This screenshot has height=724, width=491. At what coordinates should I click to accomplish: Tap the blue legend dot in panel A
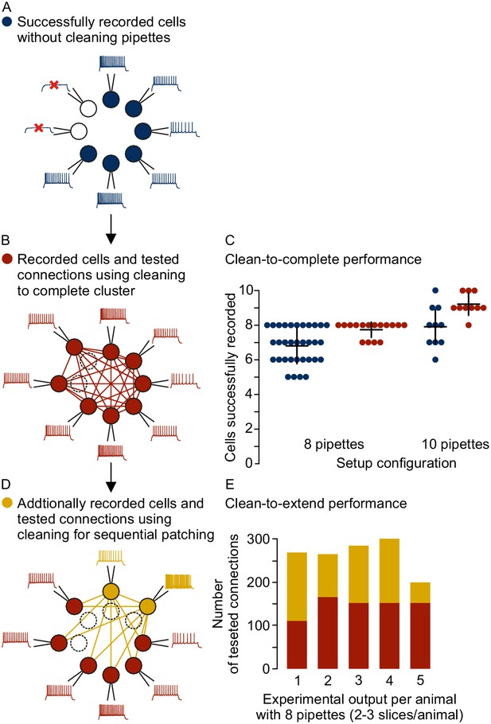[7, 21]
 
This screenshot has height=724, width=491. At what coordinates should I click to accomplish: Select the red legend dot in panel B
[7, 259]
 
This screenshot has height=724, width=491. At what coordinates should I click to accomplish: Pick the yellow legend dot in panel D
[7, 503]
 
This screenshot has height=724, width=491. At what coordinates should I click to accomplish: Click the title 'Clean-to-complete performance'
[323, 259]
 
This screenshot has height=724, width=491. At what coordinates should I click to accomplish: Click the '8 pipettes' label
[334, 444]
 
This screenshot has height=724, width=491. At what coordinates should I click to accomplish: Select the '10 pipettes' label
[455, 444]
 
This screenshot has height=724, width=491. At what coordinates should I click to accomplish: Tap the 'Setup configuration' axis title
[396, 463]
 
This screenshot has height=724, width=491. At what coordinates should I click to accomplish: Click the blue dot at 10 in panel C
[435, 290]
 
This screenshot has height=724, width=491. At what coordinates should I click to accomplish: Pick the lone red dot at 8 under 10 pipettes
[469, 325]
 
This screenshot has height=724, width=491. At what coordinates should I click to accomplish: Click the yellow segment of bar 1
[297, 586]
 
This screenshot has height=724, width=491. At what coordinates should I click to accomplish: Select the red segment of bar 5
[420, 636]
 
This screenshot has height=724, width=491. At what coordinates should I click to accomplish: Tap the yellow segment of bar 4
[389, 570]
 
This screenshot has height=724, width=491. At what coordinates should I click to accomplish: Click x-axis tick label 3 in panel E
[358, 679]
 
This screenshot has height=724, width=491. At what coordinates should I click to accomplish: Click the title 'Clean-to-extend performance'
[316, 504]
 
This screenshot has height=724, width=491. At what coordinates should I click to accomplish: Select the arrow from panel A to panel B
[111, 228]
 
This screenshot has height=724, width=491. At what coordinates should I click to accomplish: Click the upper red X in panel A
[54, 84]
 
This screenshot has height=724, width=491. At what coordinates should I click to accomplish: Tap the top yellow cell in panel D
[111, 591]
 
